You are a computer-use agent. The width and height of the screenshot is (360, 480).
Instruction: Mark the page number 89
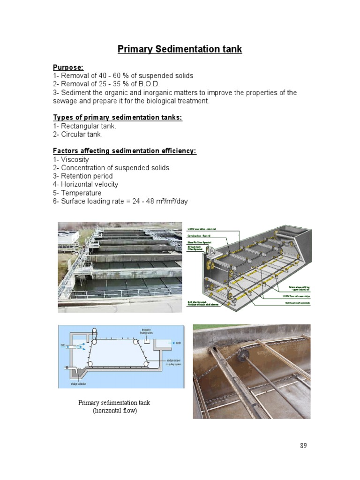[x=303, y=446]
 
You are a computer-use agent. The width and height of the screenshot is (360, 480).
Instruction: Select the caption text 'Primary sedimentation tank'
[x=114, y=403]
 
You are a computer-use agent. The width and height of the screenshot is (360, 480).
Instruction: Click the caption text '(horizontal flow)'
[x=114, y=411]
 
